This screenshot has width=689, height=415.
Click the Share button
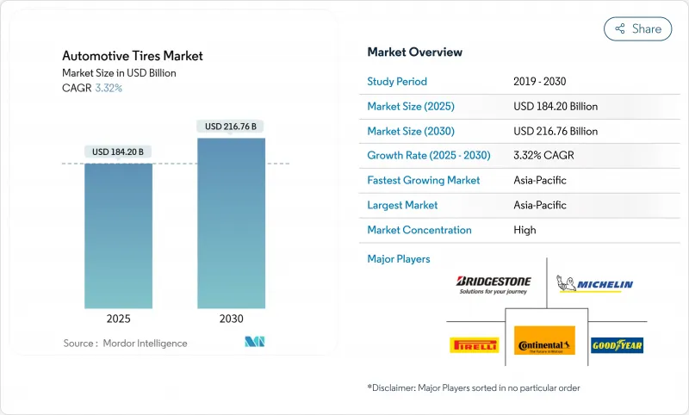coord(638,28)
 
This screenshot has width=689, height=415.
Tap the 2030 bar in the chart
coord(231,223)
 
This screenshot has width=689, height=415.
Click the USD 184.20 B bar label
coord(118,152)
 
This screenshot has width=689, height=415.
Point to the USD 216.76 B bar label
coord(231,127)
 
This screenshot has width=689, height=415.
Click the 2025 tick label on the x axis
coord(118,319)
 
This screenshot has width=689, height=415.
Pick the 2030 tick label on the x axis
coord(231,319)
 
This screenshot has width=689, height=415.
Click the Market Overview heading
coord(414,53)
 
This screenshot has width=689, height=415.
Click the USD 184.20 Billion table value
coord(555,107)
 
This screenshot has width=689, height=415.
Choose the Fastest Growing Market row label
coord(424,181)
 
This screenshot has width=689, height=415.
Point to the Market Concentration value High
coord(524,230)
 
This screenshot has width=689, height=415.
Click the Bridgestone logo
coord(493,285)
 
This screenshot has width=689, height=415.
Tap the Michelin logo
coord(595,284)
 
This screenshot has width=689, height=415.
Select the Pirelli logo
coord(475,345)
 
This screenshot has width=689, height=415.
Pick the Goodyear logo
coord(617,345)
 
